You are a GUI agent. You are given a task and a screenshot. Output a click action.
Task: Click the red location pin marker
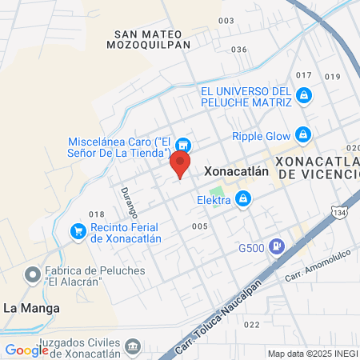(x=180, y=164)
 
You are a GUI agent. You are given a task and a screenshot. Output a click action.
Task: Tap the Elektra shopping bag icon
(x=242, y=201)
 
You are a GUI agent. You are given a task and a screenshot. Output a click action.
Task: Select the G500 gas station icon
(x=276, y=246)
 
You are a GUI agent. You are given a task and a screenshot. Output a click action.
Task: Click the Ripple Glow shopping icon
(x=302, y=135)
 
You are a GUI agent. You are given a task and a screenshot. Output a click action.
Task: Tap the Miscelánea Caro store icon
(x=184, y=145)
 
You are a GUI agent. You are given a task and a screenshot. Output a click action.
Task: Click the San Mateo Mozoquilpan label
(x=151, y=39)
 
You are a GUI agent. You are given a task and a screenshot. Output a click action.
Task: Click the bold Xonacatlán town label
(x=234, y=170)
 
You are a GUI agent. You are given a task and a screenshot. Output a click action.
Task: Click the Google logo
(x=26, y=350)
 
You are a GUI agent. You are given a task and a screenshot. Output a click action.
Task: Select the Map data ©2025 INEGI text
(x=312, y=354)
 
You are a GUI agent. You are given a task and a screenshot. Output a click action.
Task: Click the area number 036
(x=238, y=50)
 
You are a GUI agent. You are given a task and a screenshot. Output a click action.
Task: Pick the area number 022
(x=252, y=324)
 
